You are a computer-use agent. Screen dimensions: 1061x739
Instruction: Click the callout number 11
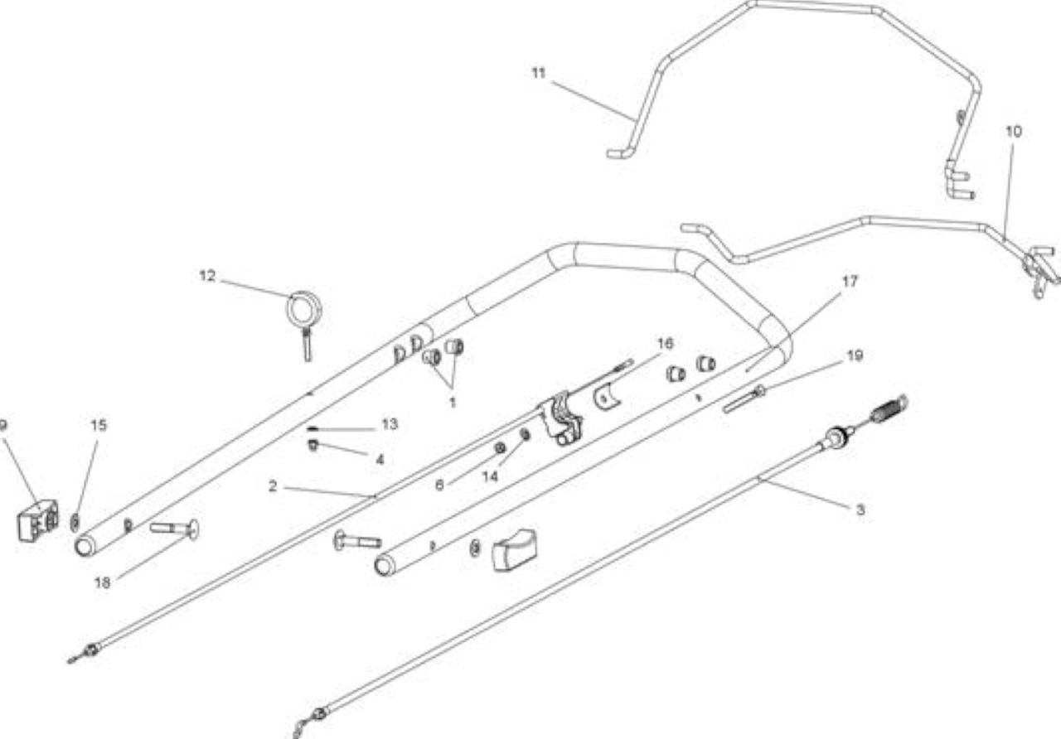[539, 74]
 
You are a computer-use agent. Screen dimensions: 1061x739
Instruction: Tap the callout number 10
[1014, 132]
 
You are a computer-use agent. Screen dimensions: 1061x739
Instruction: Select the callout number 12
[207, 276]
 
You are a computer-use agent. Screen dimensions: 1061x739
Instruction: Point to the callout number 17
[850, 282]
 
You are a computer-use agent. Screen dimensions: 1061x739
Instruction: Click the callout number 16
[666, 343]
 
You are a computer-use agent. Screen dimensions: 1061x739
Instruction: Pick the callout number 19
[855, 355]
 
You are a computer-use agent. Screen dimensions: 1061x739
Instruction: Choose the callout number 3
[860, 510]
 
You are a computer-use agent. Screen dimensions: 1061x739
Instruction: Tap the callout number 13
[390, 424]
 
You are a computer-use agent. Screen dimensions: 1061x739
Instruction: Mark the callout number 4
[380, 460]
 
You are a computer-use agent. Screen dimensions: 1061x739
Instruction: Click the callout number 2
[273, 486]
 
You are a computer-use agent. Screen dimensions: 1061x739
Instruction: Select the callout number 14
[490, 476]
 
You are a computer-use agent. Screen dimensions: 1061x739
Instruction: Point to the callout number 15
[99, 425]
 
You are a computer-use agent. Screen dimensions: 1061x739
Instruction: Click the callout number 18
[102, 582]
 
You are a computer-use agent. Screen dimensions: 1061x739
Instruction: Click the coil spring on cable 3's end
[889, 408]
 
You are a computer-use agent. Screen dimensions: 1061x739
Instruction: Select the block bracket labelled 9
[38, 521]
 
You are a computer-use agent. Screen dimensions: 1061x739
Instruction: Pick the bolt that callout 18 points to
[175, 528]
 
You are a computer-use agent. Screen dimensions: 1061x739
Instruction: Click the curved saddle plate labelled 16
[608, 398]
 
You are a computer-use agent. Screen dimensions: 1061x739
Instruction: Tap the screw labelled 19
[744, 399]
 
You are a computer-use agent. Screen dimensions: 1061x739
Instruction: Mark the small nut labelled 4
[312, 445]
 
